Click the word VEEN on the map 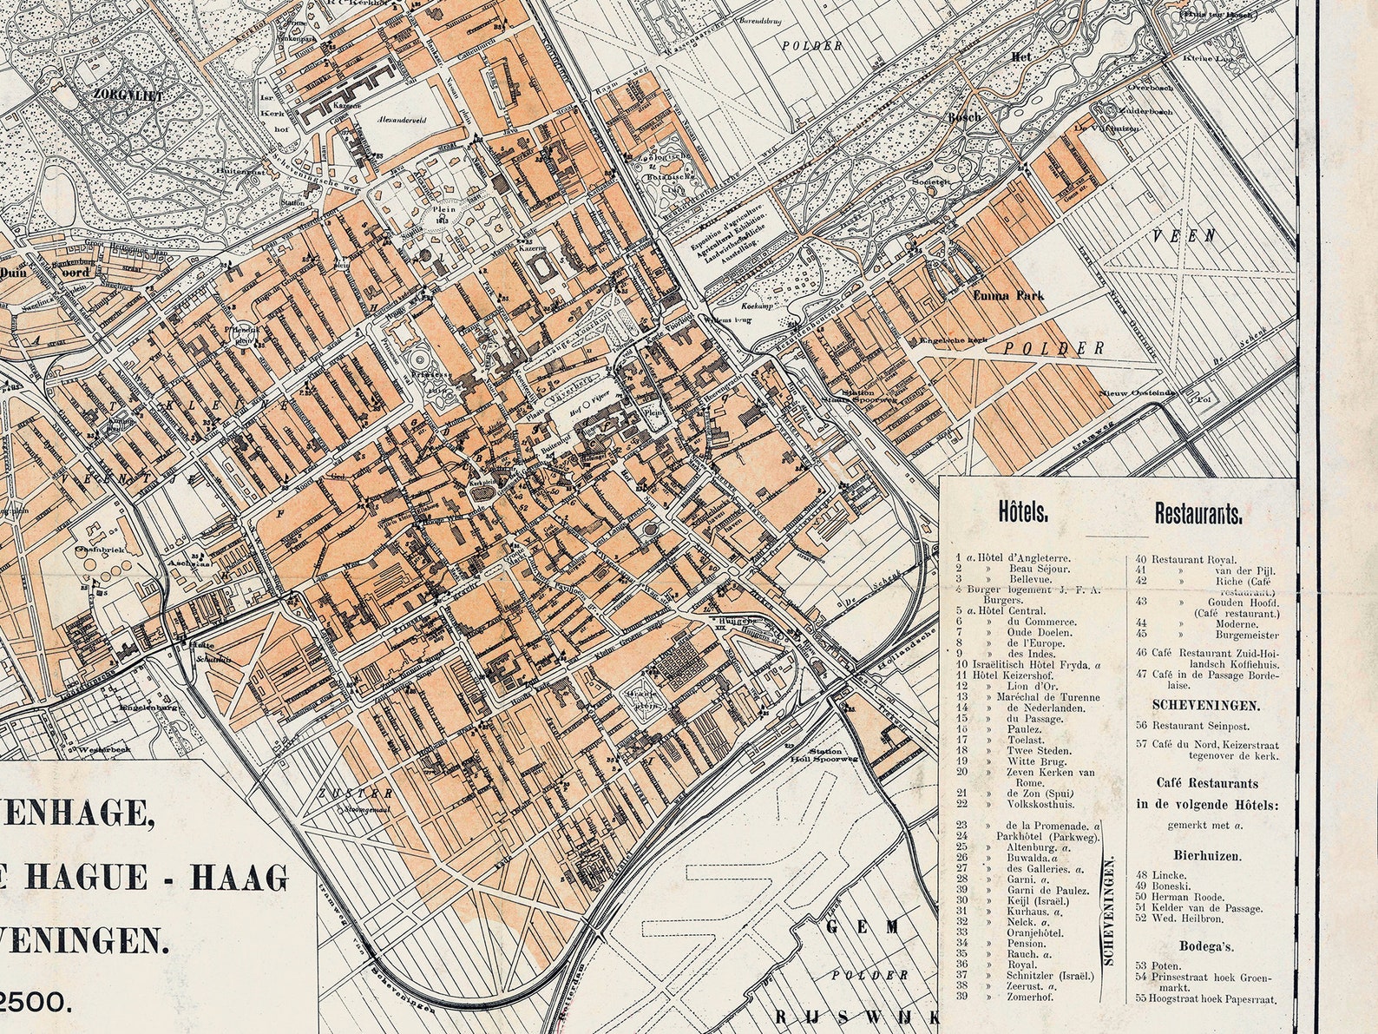[x=1196, y=235]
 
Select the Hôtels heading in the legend [x=1024, y=513]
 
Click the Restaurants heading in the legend [x=1198, y=513]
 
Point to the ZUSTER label [x=344, y=793]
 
